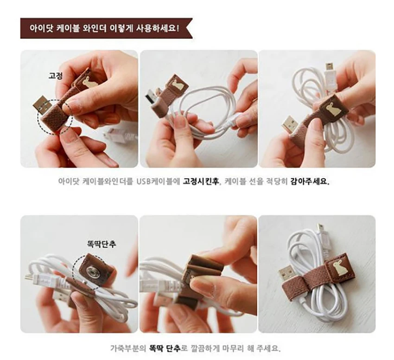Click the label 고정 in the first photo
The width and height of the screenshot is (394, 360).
pyautogui.click(x=56, y=76)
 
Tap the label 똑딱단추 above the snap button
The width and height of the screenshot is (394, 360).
pyautogui.click(x=102, y=244)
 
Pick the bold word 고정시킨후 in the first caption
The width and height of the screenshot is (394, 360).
pyautogui.click(x=201, y=181)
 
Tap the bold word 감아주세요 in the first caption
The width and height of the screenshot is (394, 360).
pyautogui.click(x=310, y=181)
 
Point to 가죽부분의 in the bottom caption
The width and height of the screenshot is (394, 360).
pyautogui.click(x=128, y=348)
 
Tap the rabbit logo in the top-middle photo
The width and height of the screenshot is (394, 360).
pyautogui.click(x=178, y=85)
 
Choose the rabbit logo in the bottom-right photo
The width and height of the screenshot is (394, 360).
pyautogui.click(x=336, y=269)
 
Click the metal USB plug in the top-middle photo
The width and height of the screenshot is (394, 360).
pyautogui.click(x=152, y=97)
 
